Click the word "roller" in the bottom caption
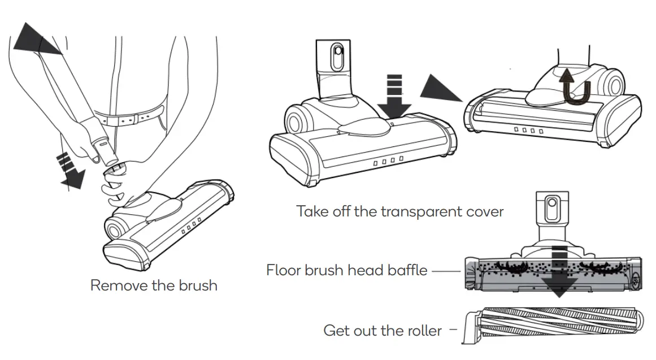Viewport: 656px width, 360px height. pyautogui.click(x=423, y=330)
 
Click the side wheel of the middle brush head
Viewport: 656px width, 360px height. pyautogui.click(x=297, y=120)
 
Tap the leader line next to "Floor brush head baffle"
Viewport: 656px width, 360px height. pyautogui.click(x=446, y=271)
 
